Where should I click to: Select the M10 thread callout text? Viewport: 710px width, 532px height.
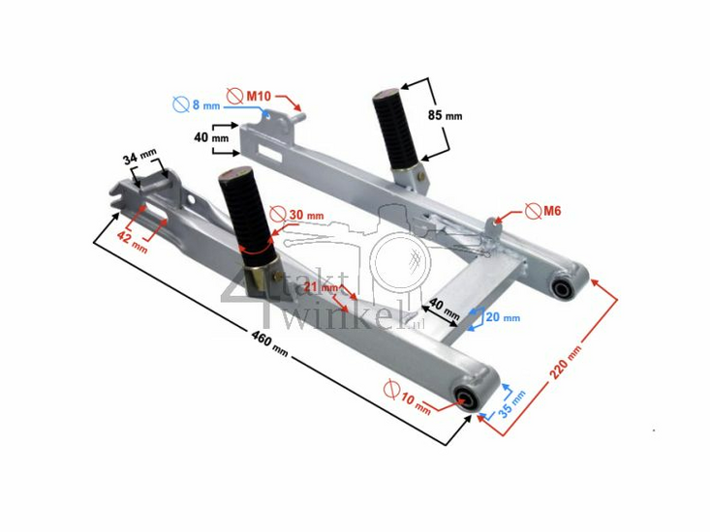[259, 96]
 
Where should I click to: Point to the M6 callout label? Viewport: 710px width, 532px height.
[552, 210]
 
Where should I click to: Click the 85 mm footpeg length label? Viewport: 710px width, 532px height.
[448, 114]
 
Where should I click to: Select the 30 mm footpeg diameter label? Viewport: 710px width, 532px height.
[306, 215]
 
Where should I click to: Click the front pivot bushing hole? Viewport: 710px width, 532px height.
[467, 398]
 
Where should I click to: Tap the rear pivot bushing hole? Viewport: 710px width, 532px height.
[562, 287]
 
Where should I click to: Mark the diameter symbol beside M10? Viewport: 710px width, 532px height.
[233, 96]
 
